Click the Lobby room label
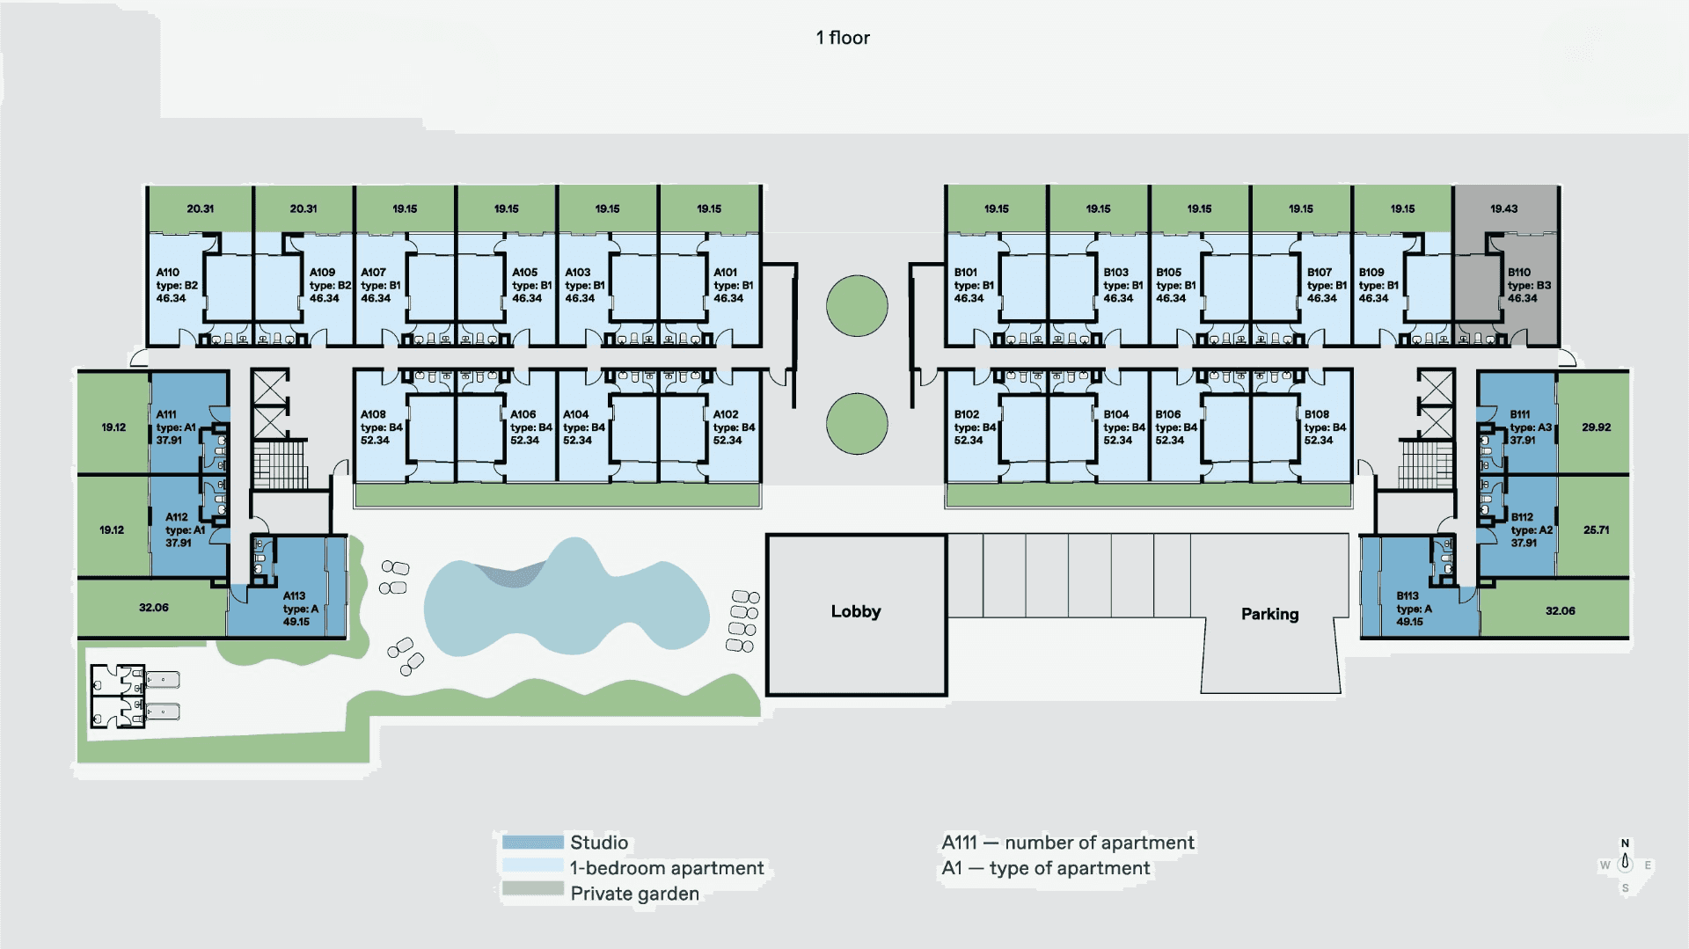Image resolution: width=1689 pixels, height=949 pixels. point(855,611)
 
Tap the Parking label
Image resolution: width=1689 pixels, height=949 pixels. point(1269,614)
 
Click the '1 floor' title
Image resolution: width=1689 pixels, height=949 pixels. point(843,38)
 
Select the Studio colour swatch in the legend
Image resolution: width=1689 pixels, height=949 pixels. point(532,843)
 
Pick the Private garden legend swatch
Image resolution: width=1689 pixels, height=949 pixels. point(532,889)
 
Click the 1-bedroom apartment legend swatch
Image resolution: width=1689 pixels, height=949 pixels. point(532,866)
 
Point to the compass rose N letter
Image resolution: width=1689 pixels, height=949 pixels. point(1625,843)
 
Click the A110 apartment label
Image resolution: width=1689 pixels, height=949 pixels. point(168,273)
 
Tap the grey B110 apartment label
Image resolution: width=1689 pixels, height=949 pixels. point(1519,273)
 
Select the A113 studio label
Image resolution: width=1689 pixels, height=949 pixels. point(294,596)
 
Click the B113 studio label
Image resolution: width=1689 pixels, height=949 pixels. point(1407,596)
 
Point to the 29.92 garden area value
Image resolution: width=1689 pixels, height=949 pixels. point(1596,427)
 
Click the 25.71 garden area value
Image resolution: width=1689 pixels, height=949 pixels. point(1596,530)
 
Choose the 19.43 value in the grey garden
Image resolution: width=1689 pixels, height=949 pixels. point(1503,209)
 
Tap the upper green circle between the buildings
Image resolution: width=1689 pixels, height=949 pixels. point(857,306)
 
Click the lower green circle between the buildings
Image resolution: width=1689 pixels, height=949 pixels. point(857,424)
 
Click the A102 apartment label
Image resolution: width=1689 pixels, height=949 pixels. point(726,414)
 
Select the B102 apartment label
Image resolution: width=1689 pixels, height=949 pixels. point(967,414)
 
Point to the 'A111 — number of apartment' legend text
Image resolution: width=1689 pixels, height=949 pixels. point(1068,843)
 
